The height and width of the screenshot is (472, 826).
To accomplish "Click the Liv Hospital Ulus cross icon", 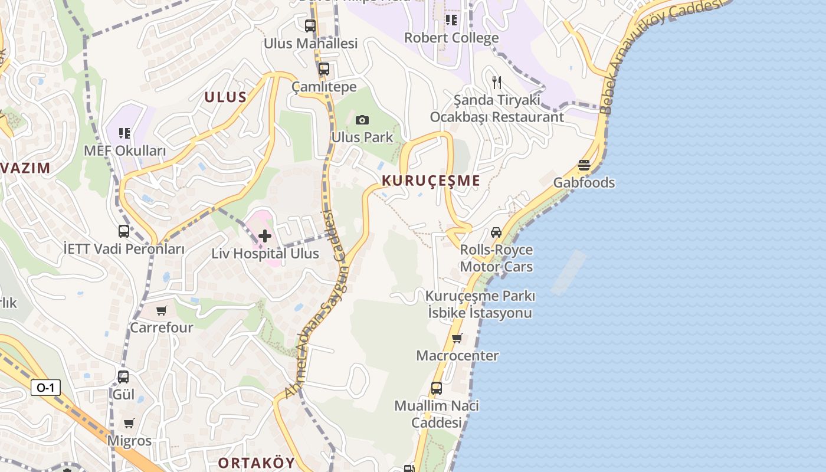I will (x=265, y=236).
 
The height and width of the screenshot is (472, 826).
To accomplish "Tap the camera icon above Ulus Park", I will (x=362, y=120).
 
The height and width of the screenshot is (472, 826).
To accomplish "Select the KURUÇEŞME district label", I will (x=431, y=181).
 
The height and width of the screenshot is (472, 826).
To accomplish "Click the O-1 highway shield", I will (x=45, y=388).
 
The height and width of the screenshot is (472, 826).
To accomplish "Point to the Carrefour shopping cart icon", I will (x=162, y=310).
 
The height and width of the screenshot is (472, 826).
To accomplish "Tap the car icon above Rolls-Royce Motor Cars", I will (x=496, y=232).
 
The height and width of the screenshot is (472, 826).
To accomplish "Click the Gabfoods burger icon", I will (x=584, y=165).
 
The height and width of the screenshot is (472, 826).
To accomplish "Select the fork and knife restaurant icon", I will (x=497, y=83).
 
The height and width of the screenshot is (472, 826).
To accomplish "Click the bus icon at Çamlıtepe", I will (x=324, y=69).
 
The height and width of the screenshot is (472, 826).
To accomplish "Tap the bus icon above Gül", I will (x=123, y=376).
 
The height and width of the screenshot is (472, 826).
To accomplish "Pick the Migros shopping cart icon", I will (x=129, y=423).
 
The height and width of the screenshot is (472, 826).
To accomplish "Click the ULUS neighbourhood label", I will (x=225, y=97).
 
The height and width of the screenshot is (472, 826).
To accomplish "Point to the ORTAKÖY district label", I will (x=256, y=463).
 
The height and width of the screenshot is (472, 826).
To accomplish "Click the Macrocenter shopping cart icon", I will (x=457, y=339).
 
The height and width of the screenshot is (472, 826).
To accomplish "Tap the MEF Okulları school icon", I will (x=124, y=133).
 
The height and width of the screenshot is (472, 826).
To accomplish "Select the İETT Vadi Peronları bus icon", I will (x=124, y=231).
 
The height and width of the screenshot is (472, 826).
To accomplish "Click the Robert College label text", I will (x=451, y=38).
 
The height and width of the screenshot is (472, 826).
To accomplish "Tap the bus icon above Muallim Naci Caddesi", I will (x=437, y=388).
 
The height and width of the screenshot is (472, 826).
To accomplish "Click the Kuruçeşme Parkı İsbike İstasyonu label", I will (x=480, y=304).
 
